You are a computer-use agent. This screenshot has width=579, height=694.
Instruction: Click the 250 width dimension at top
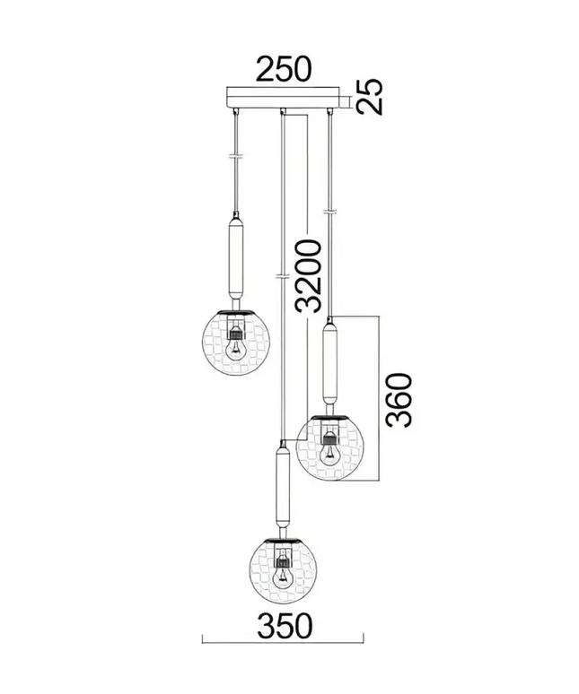click(x=285, y=69)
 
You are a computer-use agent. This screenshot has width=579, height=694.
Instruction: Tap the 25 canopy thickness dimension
click(x=369, y=97)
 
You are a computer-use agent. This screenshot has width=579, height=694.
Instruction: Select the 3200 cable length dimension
click(x=308, y=276)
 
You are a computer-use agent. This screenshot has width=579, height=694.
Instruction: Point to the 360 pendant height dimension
click(x=399, y=400)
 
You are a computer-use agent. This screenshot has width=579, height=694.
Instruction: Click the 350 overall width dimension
click(x=285, y=625)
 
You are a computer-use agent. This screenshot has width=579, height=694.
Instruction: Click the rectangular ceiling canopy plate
click(x=283, y=98)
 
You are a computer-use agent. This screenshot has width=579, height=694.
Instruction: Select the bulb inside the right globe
click(x=329, y=455)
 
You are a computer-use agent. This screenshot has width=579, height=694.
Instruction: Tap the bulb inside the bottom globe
click(x=281, y=577)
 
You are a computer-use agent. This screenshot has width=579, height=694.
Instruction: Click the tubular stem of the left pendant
click(x=235, y=259)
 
